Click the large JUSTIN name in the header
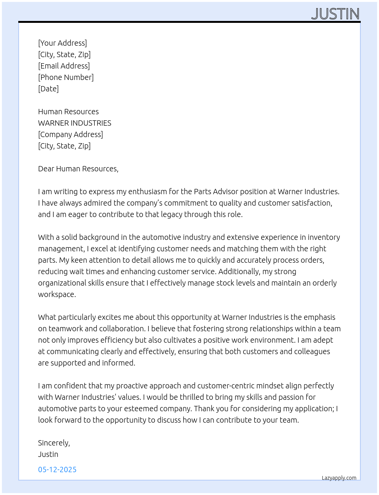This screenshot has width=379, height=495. click(x=335, y=14)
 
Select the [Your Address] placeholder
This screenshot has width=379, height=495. click(x=62, y=43)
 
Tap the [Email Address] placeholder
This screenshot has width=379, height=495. click(x=64, y=66)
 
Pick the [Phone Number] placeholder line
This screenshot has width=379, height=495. click(x=66, y=77)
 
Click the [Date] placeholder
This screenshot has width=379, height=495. click(x=48, y=89)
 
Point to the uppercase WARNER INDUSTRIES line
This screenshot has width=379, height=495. click(x=75, y=123)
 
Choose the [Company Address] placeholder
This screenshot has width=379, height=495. click(x=70, y=134)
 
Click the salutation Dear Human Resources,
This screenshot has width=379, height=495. click(x=78, y=169)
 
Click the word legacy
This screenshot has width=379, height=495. click(x=171, y=214)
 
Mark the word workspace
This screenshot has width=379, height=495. click(x=57, y=294)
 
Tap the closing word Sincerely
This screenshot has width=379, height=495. click(x=54, y=443)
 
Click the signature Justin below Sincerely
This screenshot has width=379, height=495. click(x=48, y=454)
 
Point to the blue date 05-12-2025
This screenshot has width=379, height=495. click(x=57, y=469)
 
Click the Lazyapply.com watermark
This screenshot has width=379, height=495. click(x=339, y=478)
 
